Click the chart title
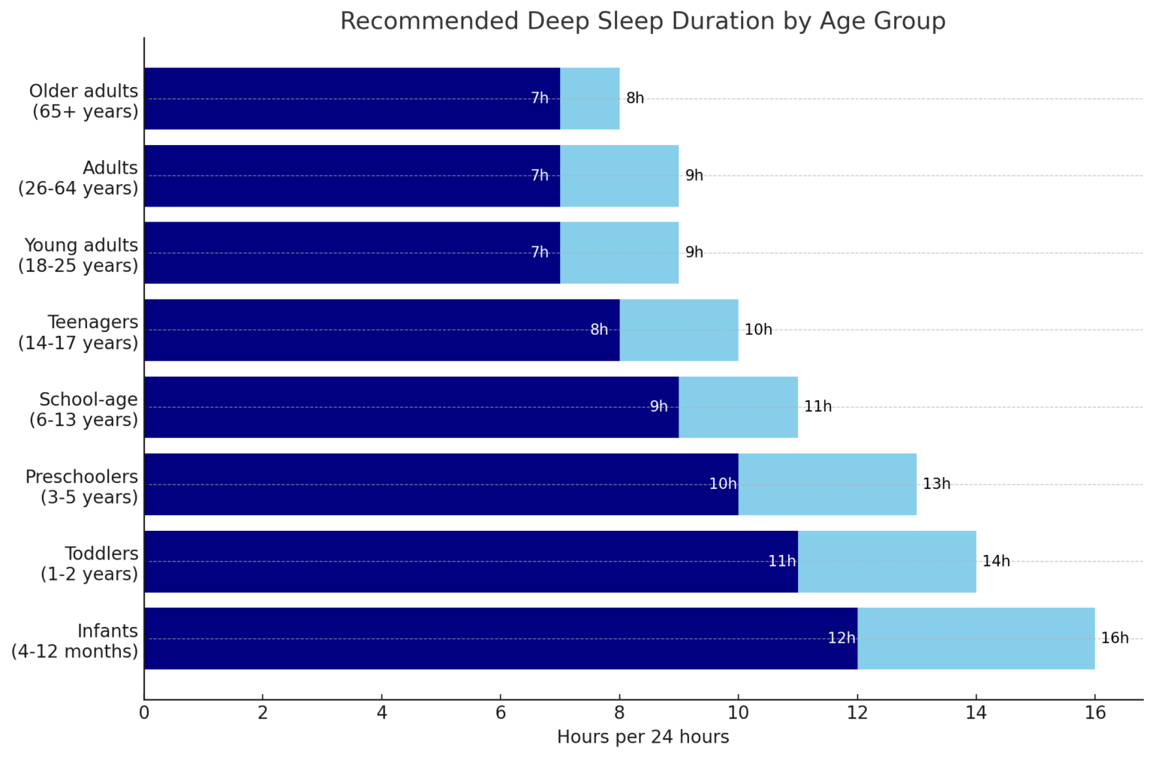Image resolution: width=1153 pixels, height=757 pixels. pyautogui.click(x=643, y=21)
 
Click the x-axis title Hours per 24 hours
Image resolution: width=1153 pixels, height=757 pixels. pyautogui.click(x=643, y=737)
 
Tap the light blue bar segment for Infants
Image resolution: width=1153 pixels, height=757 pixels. pyautogui.click(x=976, y=638)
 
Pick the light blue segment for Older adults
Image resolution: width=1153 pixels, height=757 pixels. pyautogui.click(x=589, y=98)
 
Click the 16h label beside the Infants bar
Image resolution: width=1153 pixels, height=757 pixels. pyautogui.click(x=1114, y=638)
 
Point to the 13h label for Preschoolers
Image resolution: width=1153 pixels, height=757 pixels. pyautogui.click(x=936, y=484)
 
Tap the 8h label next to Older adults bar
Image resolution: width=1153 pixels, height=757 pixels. pyautogui.click(x=635, y=98)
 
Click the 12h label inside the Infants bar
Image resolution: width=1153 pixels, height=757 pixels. pyautogui.click(x=841, y=638)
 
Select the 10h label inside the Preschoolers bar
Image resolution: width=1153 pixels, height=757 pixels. pyautogui.click(x=722, y=484)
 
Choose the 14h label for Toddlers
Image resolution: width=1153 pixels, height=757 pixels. pyautogui.click(x=995, y=562)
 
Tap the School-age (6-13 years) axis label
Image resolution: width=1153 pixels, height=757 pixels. pyautogui.click(x=84, y=410)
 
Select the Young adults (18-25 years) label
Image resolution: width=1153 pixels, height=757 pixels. pyautogui.click(x=79, y=255)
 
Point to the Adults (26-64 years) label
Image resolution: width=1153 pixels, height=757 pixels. pyautogui.click(x=79, y=178)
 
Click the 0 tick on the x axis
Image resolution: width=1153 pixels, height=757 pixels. pyautogui.click(x=144, y=713)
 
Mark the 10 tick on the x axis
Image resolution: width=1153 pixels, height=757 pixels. pyautogui.click(x=738, y=713)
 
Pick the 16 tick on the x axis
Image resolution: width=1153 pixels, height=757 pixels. pyautogui.click(x=1094, y=713)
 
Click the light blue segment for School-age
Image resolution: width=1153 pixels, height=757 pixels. pyautogui.click(x=738, y=407)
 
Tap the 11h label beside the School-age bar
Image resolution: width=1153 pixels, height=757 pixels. pyautogui.click(x=817, y=407)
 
